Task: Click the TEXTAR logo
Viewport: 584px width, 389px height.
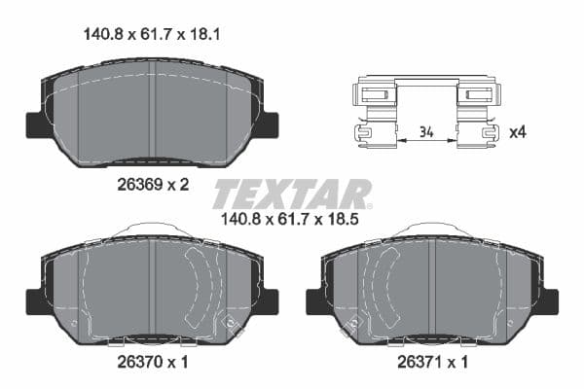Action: coord(292,194)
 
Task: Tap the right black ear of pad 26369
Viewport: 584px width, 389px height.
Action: coord(268,124)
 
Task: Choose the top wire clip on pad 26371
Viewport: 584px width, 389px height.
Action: coord(433,230)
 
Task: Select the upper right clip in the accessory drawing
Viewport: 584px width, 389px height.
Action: coord(478,94)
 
